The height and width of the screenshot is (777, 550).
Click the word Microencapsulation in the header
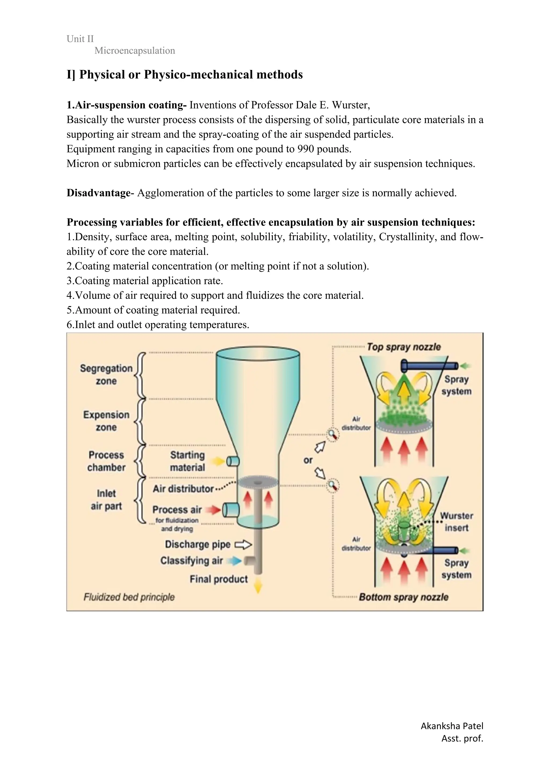point(135,51)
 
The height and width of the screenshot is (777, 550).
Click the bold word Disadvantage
point(98,193)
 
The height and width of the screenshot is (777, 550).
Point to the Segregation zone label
point(106,375)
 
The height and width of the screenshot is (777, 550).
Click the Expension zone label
point(106,421)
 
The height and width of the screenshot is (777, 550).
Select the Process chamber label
point(106,461)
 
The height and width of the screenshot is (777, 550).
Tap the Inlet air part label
point(106,500)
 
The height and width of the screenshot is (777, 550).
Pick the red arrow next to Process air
point(214,510)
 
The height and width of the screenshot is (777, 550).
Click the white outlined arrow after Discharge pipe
point(243,544)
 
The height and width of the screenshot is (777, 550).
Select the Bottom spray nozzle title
point(403,597)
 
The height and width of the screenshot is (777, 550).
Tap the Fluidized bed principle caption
point(129,597)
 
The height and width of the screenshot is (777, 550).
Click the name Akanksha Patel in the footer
point(452,726)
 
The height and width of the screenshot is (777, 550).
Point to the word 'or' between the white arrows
point(308,460)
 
